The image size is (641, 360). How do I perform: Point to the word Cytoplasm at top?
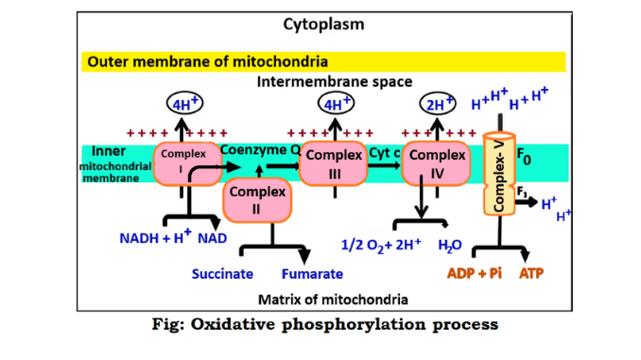click(x=320, y=22)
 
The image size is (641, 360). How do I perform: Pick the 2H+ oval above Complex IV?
click(x=437, y=105)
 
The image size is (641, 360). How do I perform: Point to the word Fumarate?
click(x=312, y=274)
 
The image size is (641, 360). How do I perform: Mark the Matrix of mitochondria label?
click(x=320, y=300)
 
